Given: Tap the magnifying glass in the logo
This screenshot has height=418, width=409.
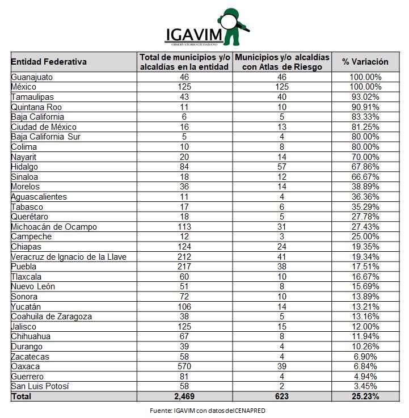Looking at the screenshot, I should [229, 22].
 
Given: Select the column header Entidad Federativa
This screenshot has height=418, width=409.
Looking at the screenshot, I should [49, 62].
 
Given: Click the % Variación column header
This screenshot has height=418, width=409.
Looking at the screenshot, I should [365, 62].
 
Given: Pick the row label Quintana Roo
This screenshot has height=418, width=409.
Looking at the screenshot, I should [36, 107].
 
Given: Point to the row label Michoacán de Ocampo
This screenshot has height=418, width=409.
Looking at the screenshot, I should [54, 226].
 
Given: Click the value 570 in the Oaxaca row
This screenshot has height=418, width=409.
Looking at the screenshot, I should [184, 366].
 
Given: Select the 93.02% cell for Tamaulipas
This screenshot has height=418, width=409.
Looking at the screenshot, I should [365, 97].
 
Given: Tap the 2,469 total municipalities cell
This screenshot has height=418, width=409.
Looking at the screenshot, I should [184, 396].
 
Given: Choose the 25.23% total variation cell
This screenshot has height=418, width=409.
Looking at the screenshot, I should [365, 396].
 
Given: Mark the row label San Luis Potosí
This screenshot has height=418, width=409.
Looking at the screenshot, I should [40, 386].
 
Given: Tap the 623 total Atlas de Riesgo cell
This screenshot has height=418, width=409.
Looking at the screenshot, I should [281, 396].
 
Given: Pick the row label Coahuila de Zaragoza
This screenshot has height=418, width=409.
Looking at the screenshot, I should [52, 316].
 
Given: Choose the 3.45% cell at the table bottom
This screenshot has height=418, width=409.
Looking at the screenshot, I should [365, 386].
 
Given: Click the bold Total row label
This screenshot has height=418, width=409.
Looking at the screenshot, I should [22, 396].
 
